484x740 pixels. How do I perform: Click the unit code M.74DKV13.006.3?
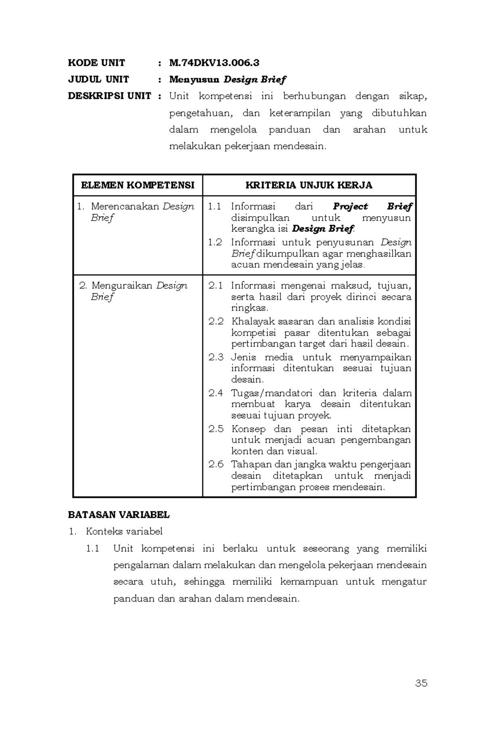click(214, 63)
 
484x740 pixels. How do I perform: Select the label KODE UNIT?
click(96, 63)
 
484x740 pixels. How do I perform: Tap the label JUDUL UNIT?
click(98, 79)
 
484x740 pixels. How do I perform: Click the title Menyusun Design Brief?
click(227, 79)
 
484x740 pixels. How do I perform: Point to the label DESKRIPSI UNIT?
click(109, 96)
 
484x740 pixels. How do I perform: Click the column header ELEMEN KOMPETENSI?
click(138, 186)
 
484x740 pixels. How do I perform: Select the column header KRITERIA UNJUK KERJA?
click(309, 186)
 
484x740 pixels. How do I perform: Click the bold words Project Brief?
click(372, 206)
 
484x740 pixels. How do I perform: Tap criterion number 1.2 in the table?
click(215, 242)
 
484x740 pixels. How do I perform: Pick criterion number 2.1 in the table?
click(215, 286)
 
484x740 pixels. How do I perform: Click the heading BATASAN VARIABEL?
click(119, 515)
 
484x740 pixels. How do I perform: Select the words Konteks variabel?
click(124, 532)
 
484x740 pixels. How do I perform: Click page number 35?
click(421, 683)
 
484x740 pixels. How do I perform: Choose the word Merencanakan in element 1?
click(125, 206)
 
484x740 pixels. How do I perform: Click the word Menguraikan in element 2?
click(122, 286)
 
